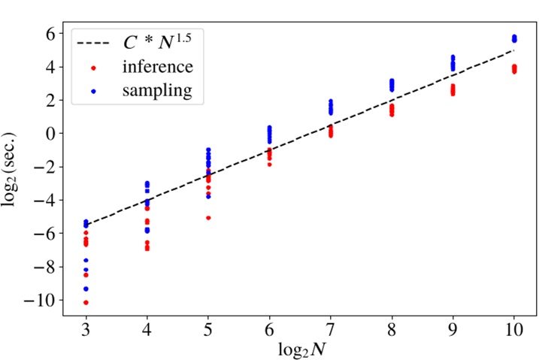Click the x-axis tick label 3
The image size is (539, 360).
point(86,331)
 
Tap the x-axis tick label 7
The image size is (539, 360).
point(330,331)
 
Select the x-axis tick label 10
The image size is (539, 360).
point(513,331)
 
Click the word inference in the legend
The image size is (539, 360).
point(159,67)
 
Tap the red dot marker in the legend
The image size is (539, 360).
point(93,68)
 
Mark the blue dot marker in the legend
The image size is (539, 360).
point(93,91)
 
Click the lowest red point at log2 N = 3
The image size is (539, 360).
point(86,302)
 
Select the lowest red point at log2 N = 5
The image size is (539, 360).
point(208,218)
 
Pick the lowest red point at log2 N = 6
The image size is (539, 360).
point(269,164)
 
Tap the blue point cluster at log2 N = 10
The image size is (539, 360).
point(514,38)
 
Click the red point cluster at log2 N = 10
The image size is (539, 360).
point(514,69)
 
